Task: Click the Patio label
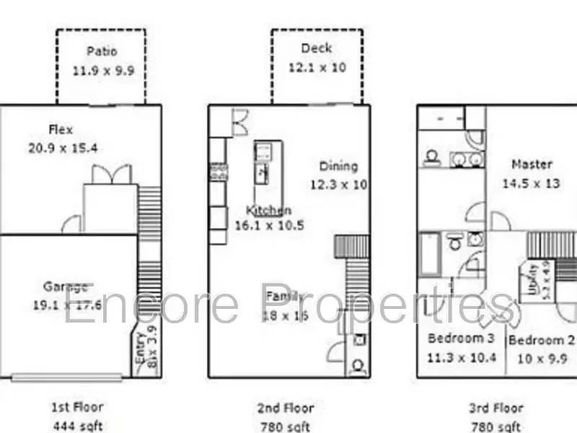click(x=102, y=51)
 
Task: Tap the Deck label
click(x=317, y=48)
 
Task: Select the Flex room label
click(x=61, y=130)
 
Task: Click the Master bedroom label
click(x=532, y=165)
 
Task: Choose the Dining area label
click(x=338, y=166)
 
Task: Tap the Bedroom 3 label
click(x=461, y=338)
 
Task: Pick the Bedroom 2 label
click(x=542, y=340)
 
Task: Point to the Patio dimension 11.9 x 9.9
click(x=103, y=71)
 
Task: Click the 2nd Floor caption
click(x=286, y=408)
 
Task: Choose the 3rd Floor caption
click(x=497, y=408)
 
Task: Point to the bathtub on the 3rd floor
click(x=430, y=254)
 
